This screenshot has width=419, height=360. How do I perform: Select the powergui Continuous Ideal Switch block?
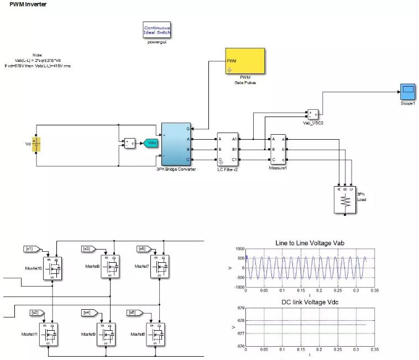tap(158, 30)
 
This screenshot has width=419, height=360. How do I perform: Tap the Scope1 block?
tap(408, 90)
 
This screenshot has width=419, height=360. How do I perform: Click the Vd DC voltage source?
tap(36, 145)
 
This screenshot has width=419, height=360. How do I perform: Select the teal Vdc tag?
tap(151, 143)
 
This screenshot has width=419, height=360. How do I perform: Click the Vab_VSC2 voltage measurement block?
tap(313, 113)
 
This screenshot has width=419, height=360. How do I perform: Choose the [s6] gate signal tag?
tap(132, 313)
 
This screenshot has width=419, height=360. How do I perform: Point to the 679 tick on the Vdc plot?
tap(239, 308)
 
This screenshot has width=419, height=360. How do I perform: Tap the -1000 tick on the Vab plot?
tap(237, 287)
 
